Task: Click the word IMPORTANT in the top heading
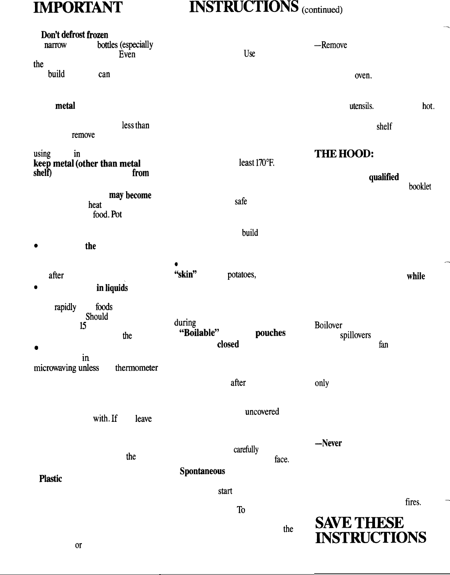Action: (x=78, y=7)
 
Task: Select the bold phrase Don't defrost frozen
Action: (x=72, y=35)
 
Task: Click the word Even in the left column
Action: (x=127, y=54)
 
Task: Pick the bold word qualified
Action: (x=383, y=177)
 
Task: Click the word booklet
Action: (x=420, y=187)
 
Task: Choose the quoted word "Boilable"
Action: (x=199, y=333)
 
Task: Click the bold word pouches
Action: (x=270, y=333)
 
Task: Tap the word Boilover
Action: (x=328, y=325)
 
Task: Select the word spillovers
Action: (x=355, y=335)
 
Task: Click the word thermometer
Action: (x=137, y=368)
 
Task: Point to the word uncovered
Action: (x=262, y=411)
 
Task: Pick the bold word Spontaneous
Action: (x=202, y=471)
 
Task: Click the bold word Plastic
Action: (x=50, y=479)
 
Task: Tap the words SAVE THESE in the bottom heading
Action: (x=359, y=523)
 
